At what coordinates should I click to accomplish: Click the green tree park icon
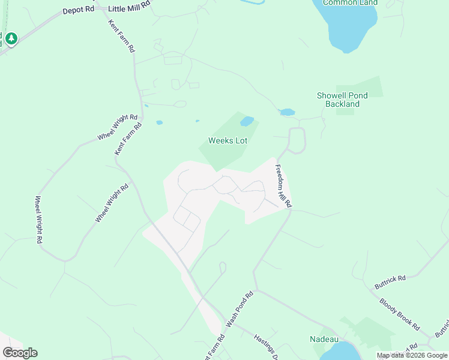coord(11,39)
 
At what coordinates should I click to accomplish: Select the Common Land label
coord(350,2)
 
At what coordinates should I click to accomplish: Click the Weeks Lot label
coord(228,140)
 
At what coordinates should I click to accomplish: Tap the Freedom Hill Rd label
coord(283,186)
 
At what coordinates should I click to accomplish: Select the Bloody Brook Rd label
coord(399,313)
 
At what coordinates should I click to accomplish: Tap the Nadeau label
coord(325,339)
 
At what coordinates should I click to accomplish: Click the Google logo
coord(20,353)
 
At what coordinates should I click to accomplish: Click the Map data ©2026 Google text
coord(412,355)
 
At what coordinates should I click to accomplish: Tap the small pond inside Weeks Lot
coord(247,122)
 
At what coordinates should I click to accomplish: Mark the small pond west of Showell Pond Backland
coord(288,112)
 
